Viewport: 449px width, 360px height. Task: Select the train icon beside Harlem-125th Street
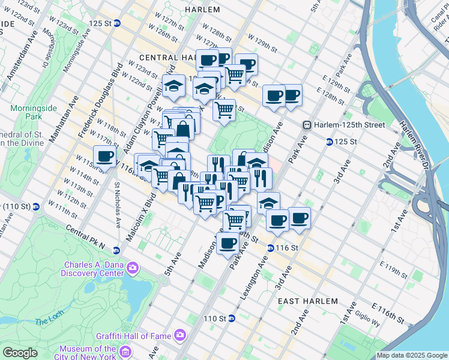pyautogui.click(x=307, y=125)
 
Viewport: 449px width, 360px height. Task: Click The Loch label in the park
pyautogui.click(x=46, y=322)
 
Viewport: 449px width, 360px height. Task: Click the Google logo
pyautogui.click(x=20, y=352)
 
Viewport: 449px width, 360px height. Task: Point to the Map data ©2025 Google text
pyautogui.click(x=411, y=355)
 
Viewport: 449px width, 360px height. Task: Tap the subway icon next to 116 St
pyautogui.click(x=270, y=248)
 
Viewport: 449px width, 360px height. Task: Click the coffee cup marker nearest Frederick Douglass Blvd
pyautogui.click(x=104, y=157)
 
